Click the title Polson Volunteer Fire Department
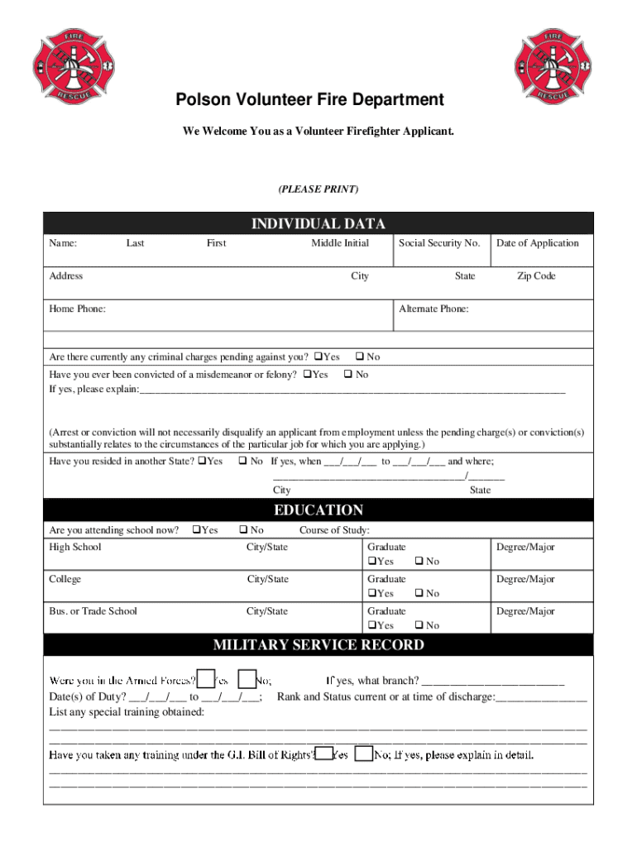point(309,100)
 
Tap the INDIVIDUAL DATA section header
point(318,223)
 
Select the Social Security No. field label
point(439,242)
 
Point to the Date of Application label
point(538,242)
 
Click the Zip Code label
point(536,276)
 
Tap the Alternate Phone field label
point(433,309)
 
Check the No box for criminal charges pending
point(360,357)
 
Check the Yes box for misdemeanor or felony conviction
point(307,375)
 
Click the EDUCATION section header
point(318,510)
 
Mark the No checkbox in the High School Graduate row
point(419,562)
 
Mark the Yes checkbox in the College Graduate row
point(371,593)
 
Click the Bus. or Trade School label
point(93,611)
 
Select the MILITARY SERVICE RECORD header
point(318,644)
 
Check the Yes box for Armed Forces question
point(206,679)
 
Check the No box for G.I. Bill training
point(363,754)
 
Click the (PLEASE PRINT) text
point(318,189)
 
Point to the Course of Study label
point(334,530)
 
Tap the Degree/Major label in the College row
point(525,579)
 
